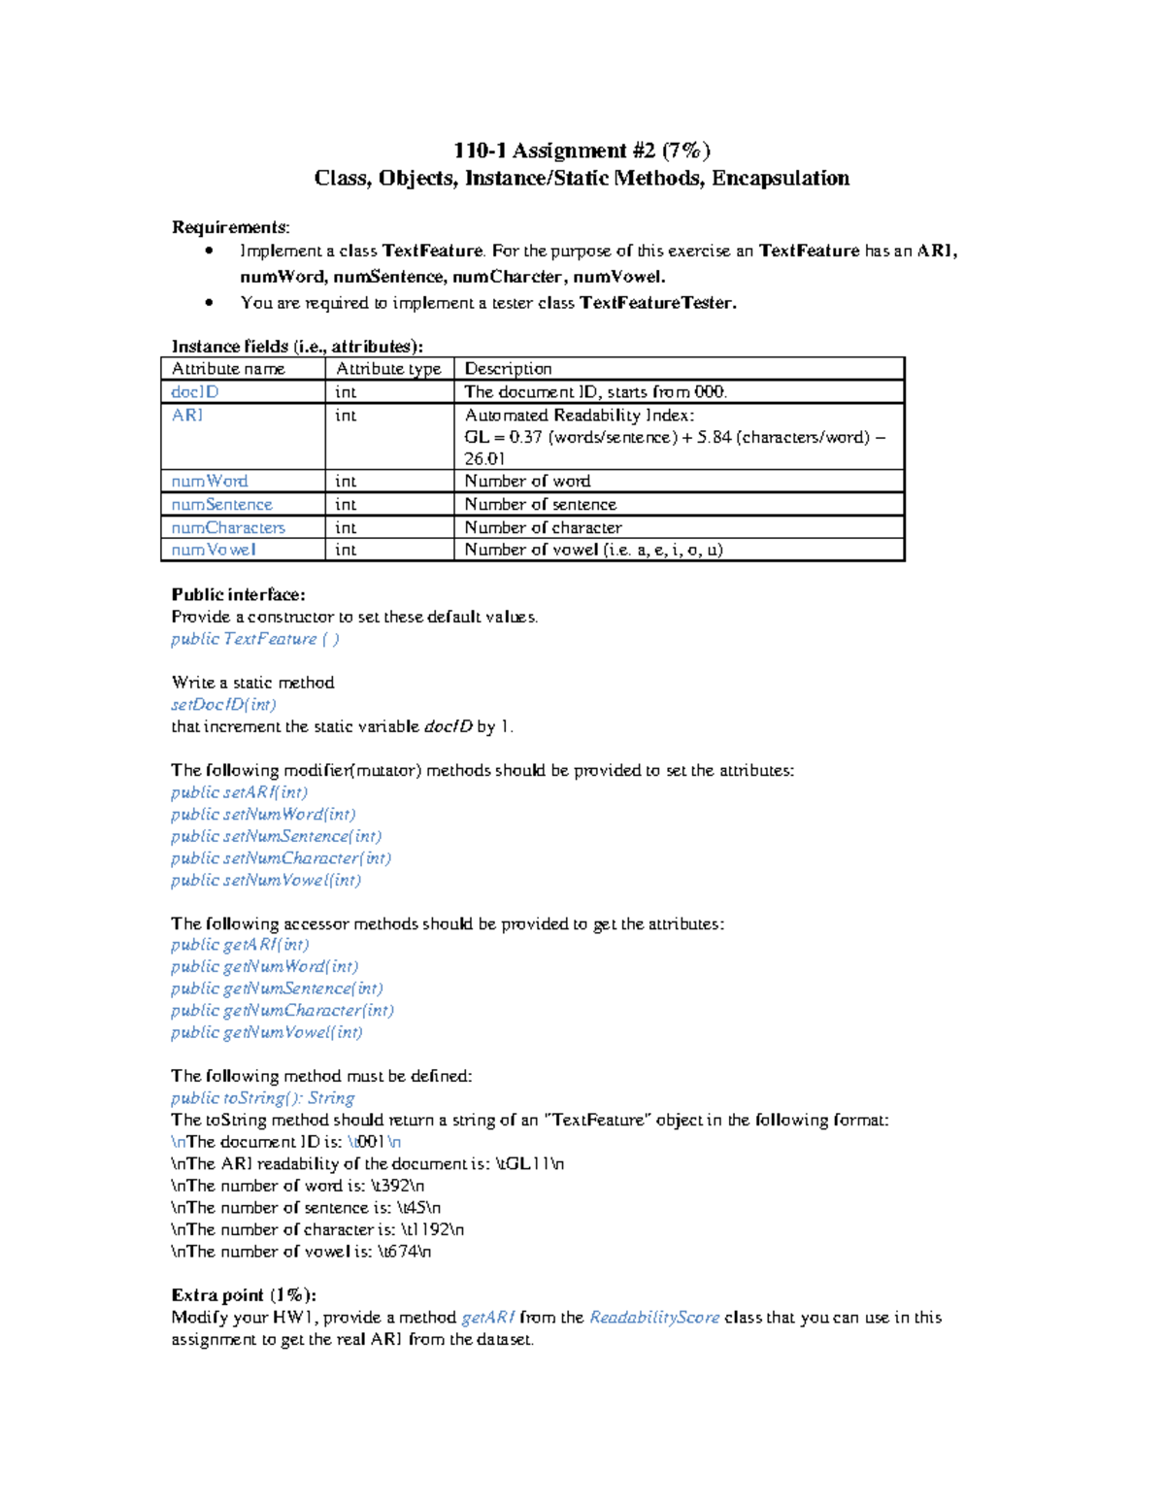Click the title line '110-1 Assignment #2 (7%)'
tap(582, 151)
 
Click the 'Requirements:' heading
tap(230, 227)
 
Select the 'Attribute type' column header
tap(388, 369)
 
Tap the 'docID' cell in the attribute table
tap(195, 392)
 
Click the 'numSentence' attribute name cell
tap(221, 505)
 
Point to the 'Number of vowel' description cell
tap(593, 550)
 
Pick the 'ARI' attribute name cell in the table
tap(187, 416)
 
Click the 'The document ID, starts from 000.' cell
tap(595, 392)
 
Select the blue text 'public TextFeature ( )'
tap(255, 639)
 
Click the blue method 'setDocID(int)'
tap(223, 705)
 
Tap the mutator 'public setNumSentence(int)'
tap(276, 836)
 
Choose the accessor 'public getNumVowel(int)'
tap(267, 1032)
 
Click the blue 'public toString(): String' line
tap(262, 1098)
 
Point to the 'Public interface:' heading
tap(238, 595)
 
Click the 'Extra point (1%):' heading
tap(244, 1295)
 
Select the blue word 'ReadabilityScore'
tap(654, 1318)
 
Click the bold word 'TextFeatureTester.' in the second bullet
tap(658, 303)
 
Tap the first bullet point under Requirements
tap(209, 251)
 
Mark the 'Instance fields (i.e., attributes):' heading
tap(297, 347)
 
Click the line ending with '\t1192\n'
tap(317, 1230)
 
